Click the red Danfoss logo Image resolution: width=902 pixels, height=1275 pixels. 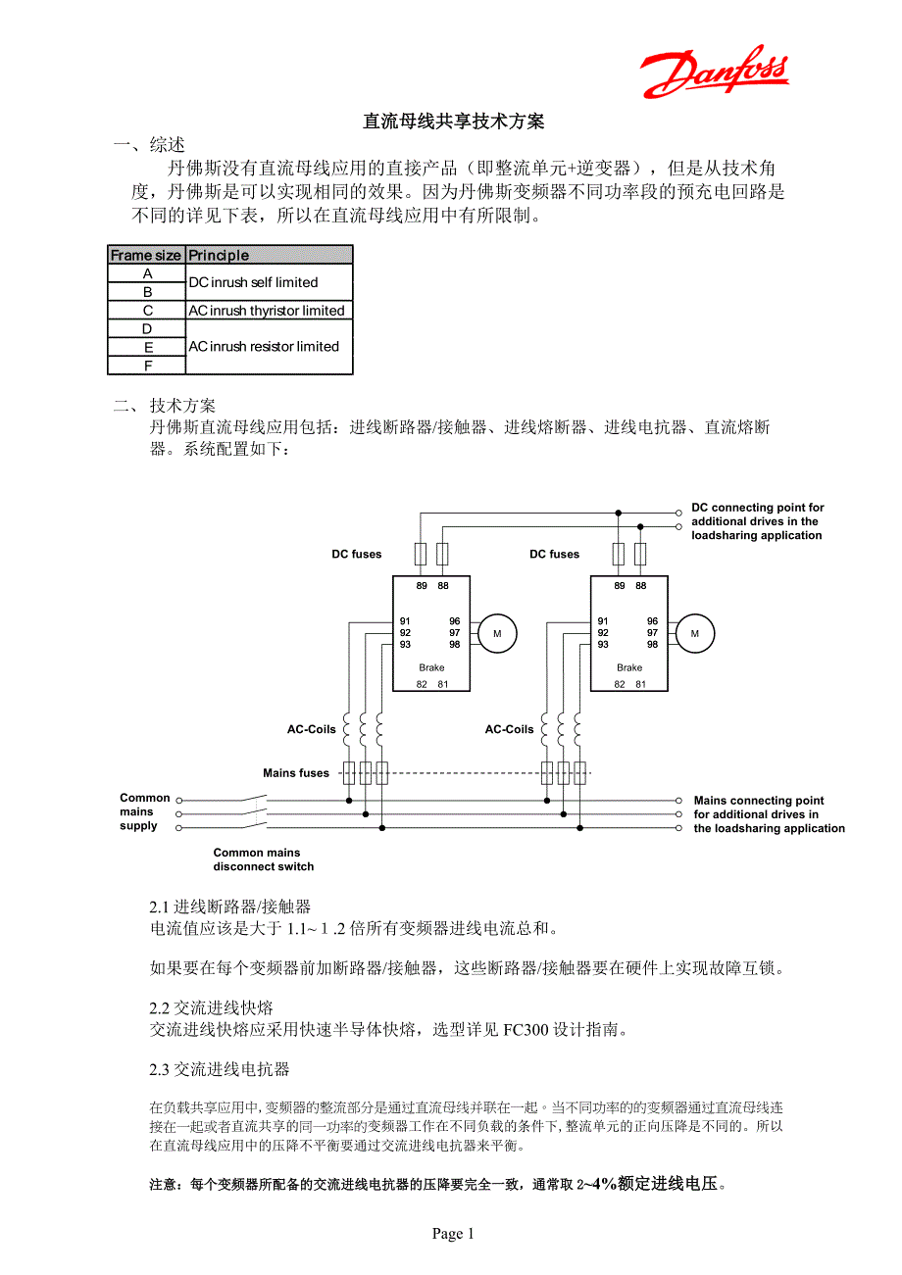pos(715,73)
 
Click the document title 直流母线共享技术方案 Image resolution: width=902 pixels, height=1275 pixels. pos(453,122)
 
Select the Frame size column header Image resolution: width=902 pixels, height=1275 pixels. pos(146,255)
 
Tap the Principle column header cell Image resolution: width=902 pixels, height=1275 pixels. pos(268,255)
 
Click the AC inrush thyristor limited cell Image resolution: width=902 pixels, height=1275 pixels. pos(268,311)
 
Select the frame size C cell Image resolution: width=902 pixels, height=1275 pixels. pos(147,311)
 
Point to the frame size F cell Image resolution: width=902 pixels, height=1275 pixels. pos(147,366)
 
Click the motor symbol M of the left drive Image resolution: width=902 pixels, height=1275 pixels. pos(497,633)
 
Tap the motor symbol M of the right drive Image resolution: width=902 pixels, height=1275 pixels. pos(695,633)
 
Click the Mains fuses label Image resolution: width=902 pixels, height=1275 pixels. pos(296,773)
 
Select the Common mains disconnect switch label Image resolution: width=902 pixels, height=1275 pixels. pos(264,859)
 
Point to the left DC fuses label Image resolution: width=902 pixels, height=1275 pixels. pos(357,555)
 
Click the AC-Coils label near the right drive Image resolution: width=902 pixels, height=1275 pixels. pos(510,729)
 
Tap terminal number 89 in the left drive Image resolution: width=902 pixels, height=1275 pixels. pos(422,586)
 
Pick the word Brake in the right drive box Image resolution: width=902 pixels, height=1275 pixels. pos(629,667)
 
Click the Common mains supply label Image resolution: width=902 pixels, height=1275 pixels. pos(144,811)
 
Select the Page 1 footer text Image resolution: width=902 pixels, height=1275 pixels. pos(453,1234)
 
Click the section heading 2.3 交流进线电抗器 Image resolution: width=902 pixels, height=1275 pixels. pos(220,1068)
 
